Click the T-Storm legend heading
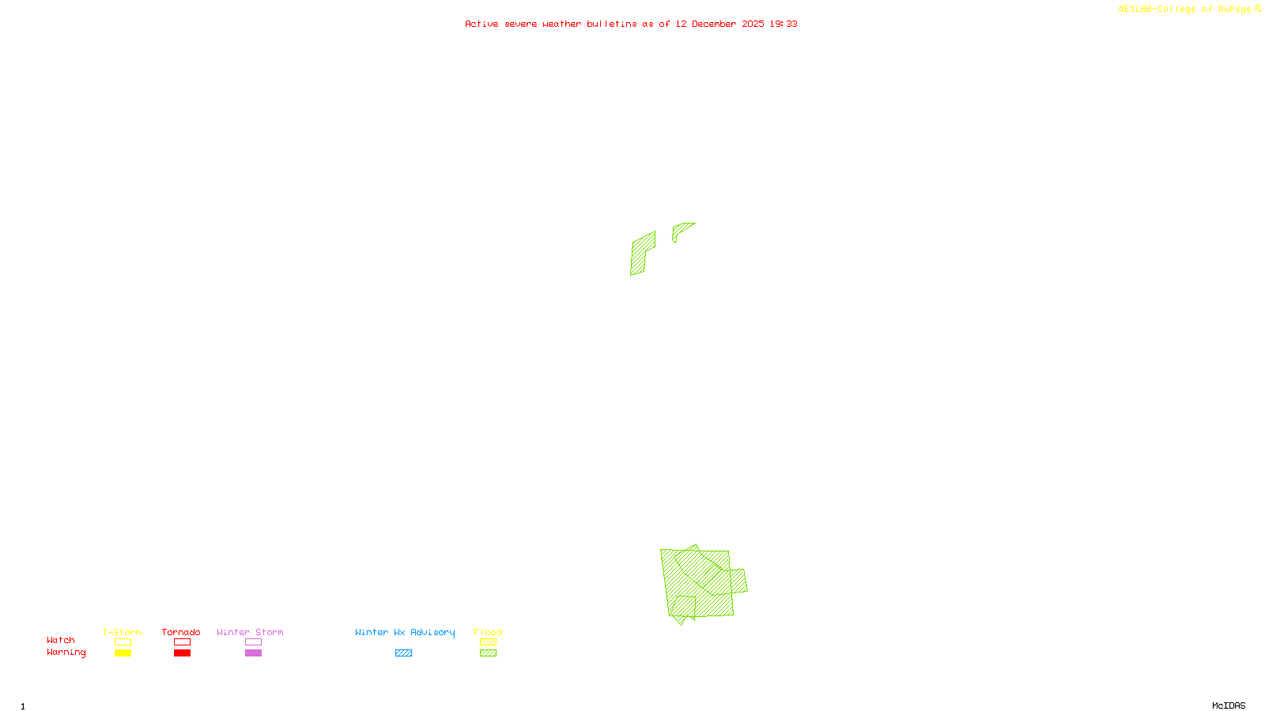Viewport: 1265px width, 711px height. pos(122,632)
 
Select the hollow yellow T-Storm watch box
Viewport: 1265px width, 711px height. pos(123,642)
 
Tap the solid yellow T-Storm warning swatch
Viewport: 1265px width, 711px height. pos(123,653)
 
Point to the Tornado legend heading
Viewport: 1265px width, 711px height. pos(181,632)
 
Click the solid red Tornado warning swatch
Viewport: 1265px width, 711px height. pos(182,653)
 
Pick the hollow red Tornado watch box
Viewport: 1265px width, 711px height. pos(182,642)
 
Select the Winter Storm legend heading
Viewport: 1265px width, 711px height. pos(250,632)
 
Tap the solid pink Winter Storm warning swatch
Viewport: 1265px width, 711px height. pos(253,653)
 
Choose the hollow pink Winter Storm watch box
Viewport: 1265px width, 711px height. pos(253,642)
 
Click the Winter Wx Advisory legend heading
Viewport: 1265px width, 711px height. pos(405,632)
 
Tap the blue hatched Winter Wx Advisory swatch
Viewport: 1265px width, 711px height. pos(403,653)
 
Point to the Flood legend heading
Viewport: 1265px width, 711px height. pos(488,632)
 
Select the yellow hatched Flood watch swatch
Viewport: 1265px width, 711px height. pos(488,642)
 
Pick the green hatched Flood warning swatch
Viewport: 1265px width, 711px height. pos(488,653)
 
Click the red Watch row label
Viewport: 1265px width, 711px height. pos(61,640)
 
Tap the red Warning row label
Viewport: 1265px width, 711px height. pos(66,653)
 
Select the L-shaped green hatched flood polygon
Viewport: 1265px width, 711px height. pos(641,254)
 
